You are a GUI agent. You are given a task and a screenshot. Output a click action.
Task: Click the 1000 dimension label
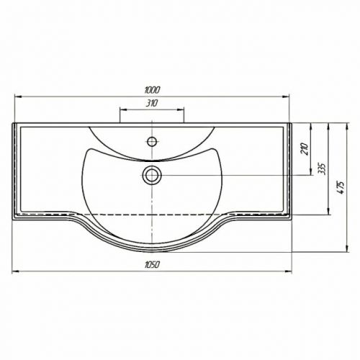point(152,90)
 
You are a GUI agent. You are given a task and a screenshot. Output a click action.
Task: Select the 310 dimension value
point(152,103)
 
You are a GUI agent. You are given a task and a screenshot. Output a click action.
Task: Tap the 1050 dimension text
point(152,265)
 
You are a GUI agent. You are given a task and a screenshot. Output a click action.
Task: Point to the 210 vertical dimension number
point(304,149)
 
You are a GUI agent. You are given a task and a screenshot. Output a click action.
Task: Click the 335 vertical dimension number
point(321,168)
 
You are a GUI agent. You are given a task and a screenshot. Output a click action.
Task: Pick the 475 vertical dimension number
point(341,187)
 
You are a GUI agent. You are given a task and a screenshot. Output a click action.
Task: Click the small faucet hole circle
point(152,141)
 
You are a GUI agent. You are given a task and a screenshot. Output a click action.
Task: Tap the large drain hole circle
point(152,175)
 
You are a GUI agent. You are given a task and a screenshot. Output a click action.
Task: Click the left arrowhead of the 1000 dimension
point(18,96)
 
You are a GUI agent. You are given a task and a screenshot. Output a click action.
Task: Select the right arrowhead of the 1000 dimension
point(286,96)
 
